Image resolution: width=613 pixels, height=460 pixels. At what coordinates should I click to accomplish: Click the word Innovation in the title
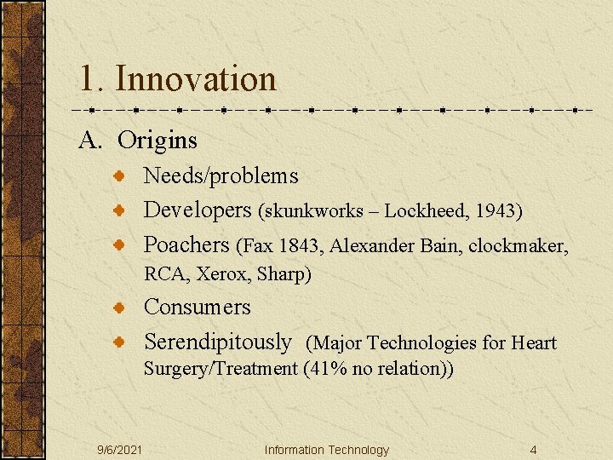(196, 79)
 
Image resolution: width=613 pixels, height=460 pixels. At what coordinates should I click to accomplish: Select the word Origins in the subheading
(158, 140)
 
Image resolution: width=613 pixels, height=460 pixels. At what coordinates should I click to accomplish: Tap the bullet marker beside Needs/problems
(122, 176)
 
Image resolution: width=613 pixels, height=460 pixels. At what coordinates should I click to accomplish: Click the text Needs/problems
(221, 176)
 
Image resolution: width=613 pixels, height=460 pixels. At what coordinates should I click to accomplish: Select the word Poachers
(186, 245)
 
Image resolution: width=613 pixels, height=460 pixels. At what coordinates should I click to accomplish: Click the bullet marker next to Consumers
(122, 308)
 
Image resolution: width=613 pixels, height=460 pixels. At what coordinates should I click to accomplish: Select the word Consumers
(197, 307)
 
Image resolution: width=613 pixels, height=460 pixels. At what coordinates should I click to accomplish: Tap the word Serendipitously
(217, 342)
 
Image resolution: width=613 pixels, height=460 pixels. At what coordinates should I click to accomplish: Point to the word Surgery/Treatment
(220, 370)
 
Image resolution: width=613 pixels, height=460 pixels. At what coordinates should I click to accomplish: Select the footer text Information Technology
(326, 450)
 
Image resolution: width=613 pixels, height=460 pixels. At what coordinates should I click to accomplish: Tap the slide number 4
(532, 450)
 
